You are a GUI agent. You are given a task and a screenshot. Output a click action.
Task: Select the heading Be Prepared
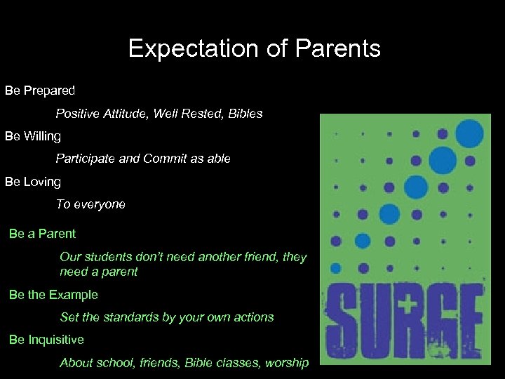[40, 91]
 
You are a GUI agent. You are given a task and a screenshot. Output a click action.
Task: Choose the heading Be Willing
[33, 136]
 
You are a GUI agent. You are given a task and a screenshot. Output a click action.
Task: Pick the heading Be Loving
[33, 181]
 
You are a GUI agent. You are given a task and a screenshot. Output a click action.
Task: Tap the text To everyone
[90, 204]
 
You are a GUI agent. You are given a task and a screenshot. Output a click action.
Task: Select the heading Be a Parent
[42, 233]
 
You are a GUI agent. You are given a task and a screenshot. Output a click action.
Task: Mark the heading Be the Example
[53, 295]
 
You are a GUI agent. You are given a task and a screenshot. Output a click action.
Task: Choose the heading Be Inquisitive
[46, 340]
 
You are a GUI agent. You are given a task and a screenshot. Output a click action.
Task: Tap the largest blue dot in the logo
[469, 133]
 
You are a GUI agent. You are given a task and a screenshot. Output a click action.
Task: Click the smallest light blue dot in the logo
[335, 267]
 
